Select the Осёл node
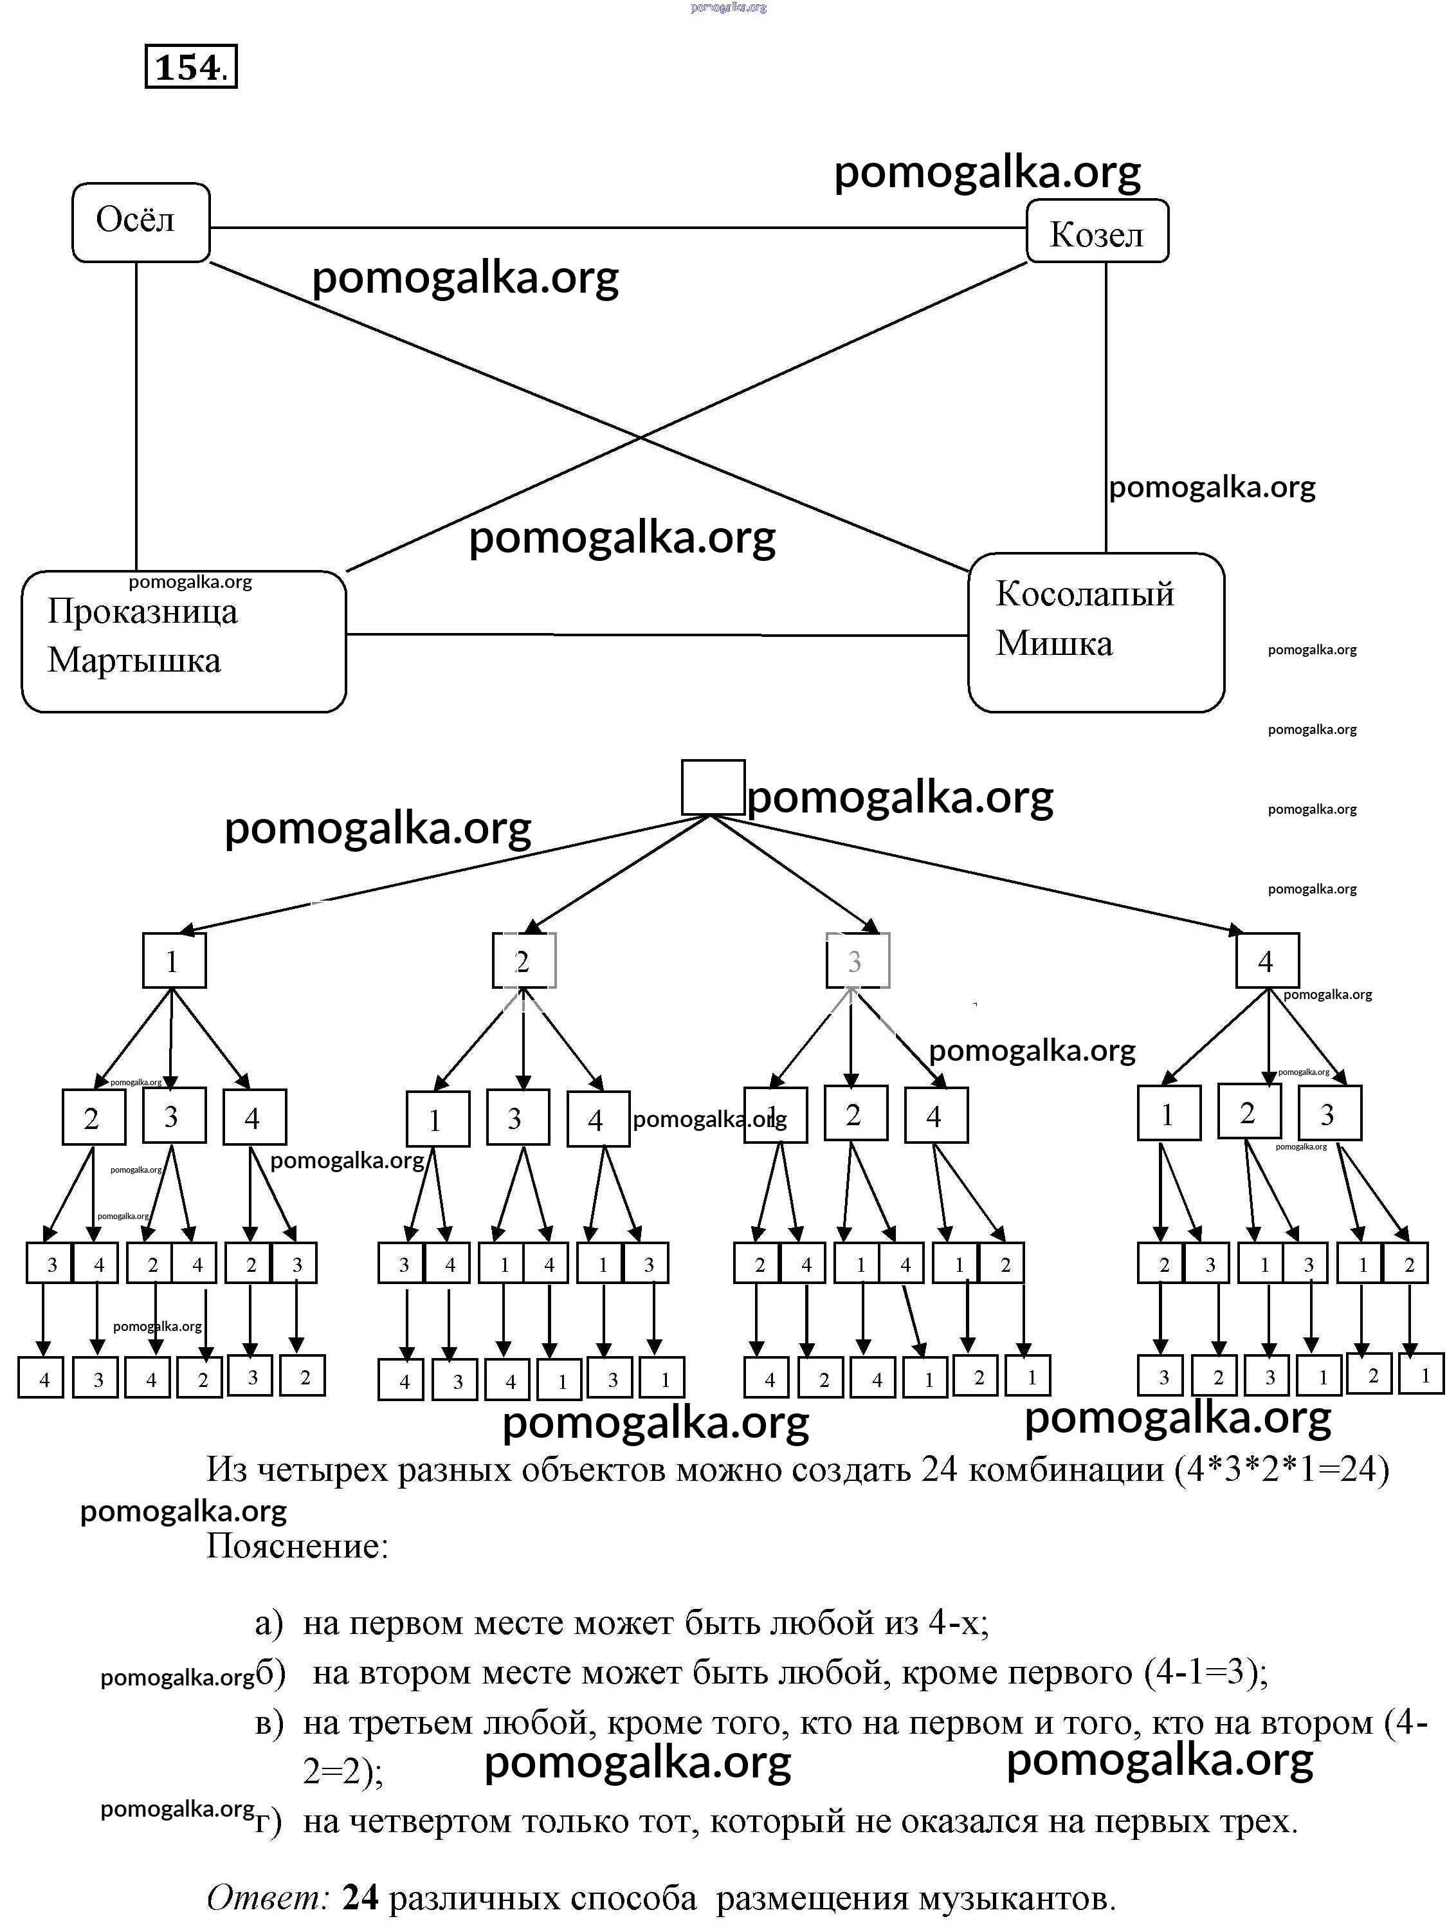140,222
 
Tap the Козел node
1097,232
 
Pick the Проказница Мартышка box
183,641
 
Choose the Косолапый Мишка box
1095,632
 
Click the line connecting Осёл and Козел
610,228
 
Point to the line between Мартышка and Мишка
653,634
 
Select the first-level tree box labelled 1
174,960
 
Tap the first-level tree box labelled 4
1267,960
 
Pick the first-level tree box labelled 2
523,960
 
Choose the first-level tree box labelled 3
857,960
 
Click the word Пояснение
297,1547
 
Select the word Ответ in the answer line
268,1898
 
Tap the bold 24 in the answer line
360,1898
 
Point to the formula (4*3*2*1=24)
1281,1469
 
